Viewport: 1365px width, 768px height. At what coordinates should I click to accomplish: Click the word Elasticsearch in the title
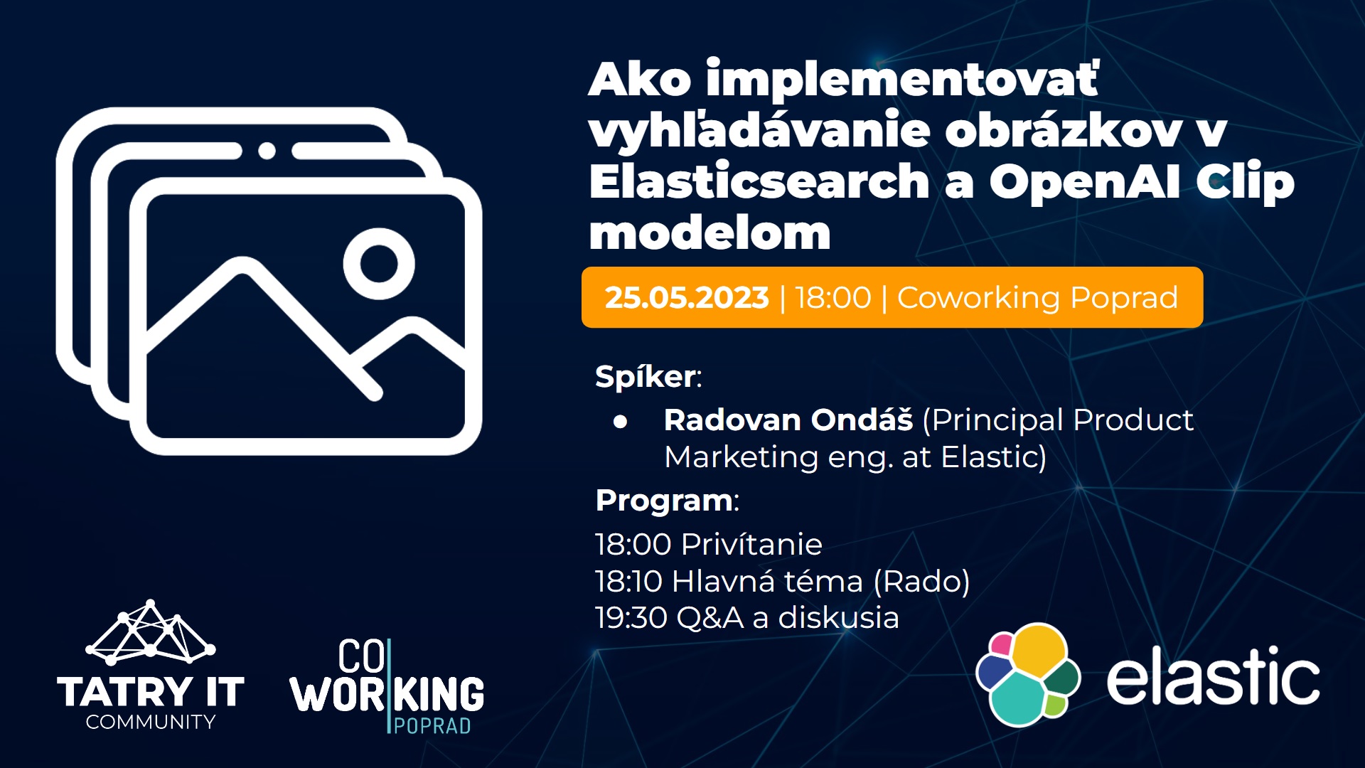click(x=759, y=181)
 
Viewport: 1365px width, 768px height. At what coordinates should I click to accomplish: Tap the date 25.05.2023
click(x=687, y=297)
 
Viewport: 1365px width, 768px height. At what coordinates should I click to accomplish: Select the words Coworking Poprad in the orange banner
click(x=1037, y=297)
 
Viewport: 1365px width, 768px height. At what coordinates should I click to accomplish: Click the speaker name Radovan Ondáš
click(x=788, y=420)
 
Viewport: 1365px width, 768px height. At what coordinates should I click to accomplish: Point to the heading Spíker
click(x=646, y=376)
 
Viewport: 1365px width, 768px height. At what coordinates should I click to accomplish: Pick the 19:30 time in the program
click(x=631, y=617)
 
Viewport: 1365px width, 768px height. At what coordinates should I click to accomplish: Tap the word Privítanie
click(x=751, y=544)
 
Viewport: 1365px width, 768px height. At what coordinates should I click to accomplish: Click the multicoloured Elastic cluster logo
click(x=1028, y=675)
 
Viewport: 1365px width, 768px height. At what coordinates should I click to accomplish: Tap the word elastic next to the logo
click(x=1213, y=676)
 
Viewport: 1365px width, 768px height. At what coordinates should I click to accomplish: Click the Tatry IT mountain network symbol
click(x=150, y=632)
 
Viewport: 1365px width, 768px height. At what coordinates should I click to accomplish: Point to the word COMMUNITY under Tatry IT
click(x=151, y=722)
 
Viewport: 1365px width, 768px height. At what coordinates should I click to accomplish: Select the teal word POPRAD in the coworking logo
click(x=432, y=726)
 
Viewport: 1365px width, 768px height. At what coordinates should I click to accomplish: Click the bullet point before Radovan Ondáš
click(x=620, y=422)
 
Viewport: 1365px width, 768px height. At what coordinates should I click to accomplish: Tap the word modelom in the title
click(x=710, y=233)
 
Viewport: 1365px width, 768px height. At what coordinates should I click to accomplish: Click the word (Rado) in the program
click(x=921, y=581)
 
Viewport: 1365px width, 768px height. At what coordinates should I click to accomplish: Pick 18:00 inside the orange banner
click(x=833, y=297)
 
